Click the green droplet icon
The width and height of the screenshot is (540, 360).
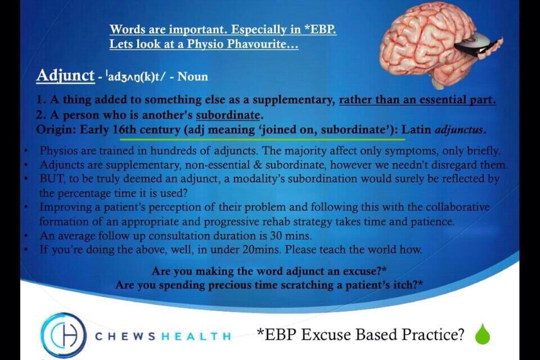(x=482, y=334)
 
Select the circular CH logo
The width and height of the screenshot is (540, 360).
(x=64, y=335)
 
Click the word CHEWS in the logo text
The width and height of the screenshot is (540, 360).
(x=125, y=336)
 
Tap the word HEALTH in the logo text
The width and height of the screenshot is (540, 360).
(x=196, y=336)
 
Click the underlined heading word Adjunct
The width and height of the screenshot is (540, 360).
(x=65, y=75)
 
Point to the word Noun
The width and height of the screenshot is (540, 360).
(x=192, y=76)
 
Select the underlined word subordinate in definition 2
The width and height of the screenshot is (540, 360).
(x=228, y=115)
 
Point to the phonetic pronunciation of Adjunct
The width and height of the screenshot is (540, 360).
(x=138, y=76)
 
